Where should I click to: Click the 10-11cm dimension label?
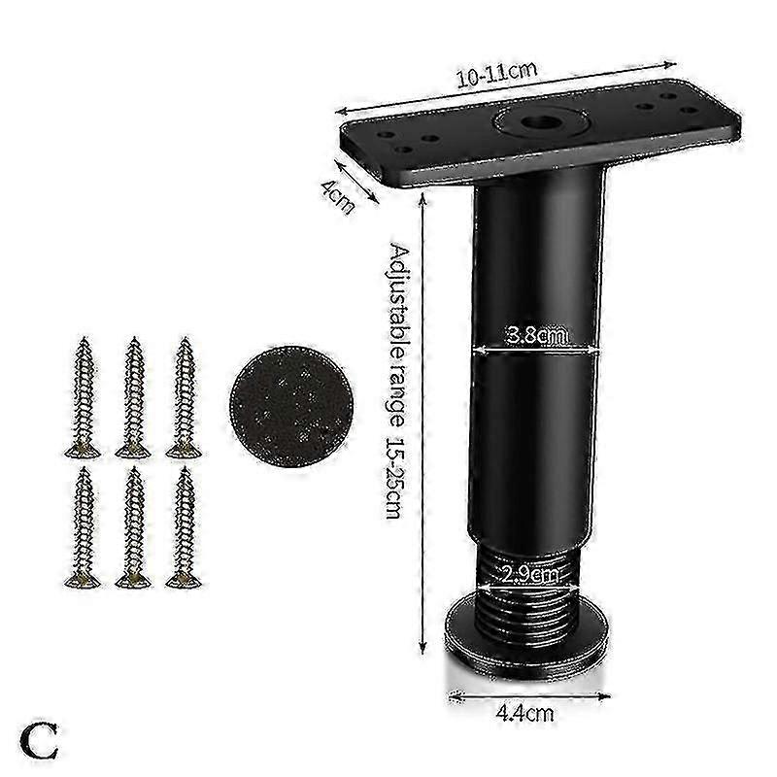pyautogui.click(x=496, y=74)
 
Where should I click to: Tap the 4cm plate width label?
pyautogui.click(x=338, y=197)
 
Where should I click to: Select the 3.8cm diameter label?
pyautogui.click(x=537, y=335)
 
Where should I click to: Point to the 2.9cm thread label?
pyautogui.click(x=528, y=575)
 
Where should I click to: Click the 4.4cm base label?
pyautogui.click(x=524, y=714)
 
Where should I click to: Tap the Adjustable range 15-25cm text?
pyautogui.click(x=397, y=380)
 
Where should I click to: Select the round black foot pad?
pyautogui.click(x=291, y=406)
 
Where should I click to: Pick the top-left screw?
pyautogui.click(x=83, y=397)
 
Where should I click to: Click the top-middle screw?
pyautogui.click(x=133, y=397)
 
